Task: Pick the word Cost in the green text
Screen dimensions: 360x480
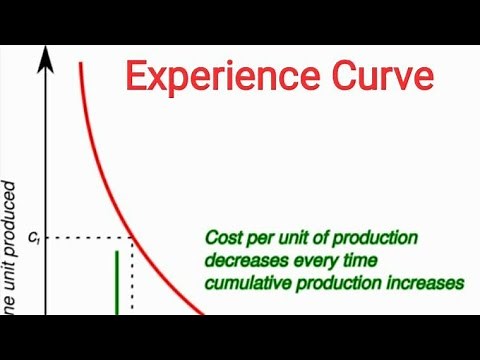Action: pos(223,239)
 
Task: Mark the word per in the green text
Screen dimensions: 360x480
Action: pos(262,239)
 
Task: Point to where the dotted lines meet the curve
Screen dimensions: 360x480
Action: pos(133,237)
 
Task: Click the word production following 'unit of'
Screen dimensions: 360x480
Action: pos(374,239)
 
